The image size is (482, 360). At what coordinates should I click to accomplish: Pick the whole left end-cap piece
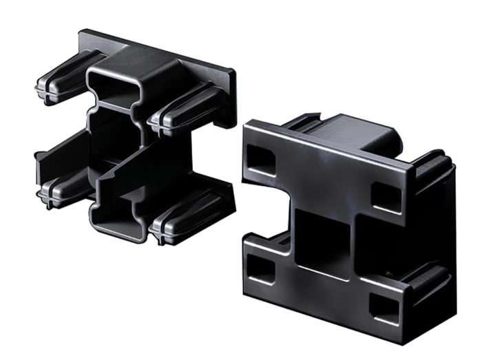(134, 138)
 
